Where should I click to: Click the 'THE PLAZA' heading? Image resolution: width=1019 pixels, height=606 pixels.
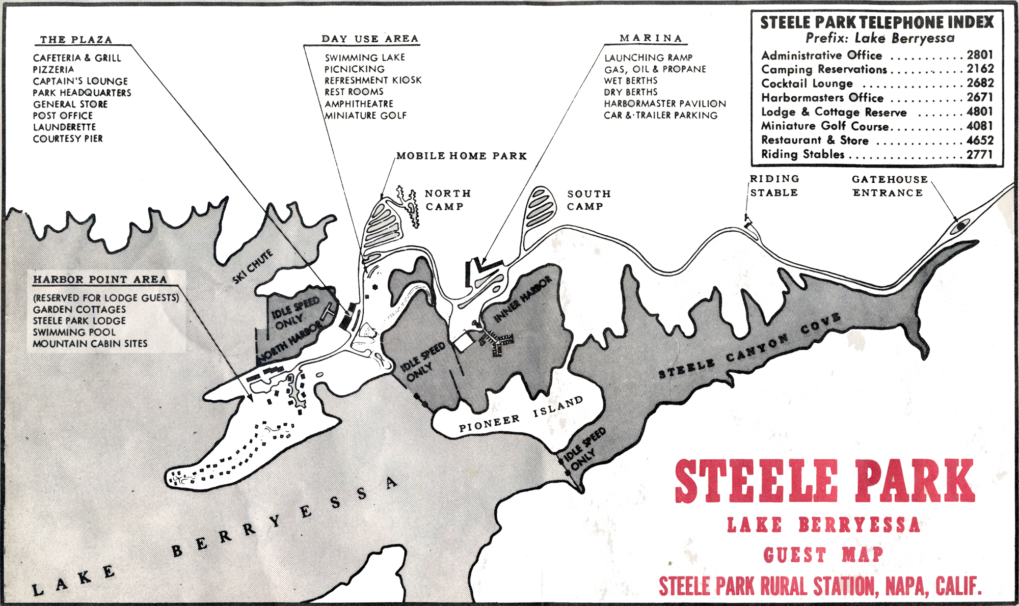[x=76, y=40]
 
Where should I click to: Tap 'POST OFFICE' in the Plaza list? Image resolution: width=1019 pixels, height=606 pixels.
[x=63, y=116]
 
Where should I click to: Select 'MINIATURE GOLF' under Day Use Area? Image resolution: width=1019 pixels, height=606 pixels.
[x=366, y=116]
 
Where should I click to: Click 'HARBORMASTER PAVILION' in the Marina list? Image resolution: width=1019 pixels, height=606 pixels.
[x=665, y=104]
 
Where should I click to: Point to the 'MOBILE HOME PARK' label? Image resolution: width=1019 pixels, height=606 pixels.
[x=462, y=156]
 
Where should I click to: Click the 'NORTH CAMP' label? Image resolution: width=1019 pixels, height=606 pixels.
[x=447, y=200]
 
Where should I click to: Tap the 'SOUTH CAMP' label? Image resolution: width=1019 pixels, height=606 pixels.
[x=588, y=200]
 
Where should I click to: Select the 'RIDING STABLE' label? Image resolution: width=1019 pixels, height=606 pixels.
[x=774, y=186]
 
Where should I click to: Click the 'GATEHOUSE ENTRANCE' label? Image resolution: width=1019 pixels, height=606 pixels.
[x=889, y=186]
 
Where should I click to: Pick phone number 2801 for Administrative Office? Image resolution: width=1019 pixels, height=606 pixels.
[x=980, y=55]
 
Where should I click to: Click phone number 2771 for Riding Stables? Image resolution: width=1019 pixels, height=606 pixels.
[x=980, y=154]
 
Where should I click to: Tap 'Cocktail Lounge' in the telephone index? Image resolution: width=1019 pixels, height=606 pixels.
[x=807, y=84]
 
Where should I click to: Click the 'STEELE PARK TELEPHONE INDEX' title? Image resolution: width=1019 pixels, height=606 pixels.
[x=877, y=22]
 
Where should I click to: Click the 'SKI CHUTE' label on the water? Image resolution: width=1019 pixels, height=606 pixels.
[x=253, y=267]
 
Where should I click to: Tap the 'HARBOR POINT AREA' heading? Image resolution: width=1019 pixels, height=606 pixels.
[x=100, y=280]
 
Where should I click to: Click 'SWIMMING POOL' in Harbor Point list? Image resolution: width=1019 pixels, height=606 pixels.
[x=74, y=332]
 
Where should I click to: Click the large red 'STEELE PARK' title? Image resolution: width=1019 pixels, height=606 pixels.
[x=824, y=481]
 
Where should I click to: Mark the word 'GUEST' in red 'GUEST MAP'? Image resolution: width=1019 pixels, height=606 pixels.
[x=795, y=555]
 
